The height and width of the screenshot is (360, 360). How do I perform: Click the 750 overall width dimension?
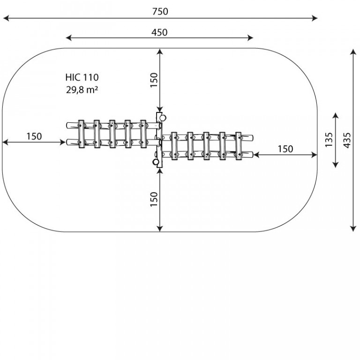pyautogui.click(x=160, y=11)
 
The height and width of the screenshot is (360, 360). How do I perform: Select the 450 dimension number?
pyautogui.click(x=159, y=32)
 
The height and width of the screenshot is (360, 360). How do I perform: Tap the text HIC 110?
pyautogui.click(x=82, y=77)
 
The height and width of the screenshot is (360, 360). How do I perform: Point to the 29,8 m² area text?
pyautogui.click(x=82, y=90)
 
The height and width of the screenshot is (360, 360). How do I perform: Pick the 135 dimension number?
pyautogui.click(x=329, y=140)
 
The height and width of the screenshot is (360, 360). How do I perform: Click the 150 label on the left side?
pyautogui.click(x=34, y=136)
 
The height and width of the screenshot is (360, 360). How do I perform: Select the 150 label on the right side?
pyautogui.click(x=285, y=149)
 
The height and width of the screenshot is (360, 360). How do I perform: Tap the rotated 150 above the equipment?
pyautogui.click(x=154, y=80)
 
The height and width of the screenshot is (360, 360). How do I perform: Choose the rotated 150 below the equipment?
pyautogui.click(x=154, y=199)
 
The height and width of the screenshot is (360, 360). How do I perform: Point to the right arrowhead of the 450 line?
pyautogui.click(x=250, y=38)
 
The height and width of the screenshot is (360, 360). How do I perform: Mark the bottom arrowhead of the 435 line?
pyautogui.click(x=353, y=229)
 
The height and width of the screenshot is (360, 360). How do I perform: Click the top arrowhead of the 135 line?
pyautogui.click(x=336, y=116)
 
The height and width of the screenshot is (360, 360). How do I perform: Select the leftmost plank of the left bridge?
pyautogui.click(x=81, y=134)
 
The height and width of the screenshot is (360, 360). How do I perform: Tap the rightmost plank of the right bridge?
pyautogui.click(x=239, y=146)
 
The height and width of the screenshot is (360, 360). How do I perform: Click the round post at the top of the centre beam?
pyautogui.click(x=163, y=118)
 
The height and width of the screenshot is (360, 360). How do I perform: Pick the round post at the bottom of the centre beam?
pyautogui.click(x=156, y=162)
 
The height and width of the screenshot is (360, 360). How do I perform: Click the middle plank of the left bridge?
pyautogui.click(x=112, y=134)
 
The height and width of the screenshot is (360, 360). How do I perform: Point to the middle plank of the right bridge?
pyautogui.click(x=206, y=146)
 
